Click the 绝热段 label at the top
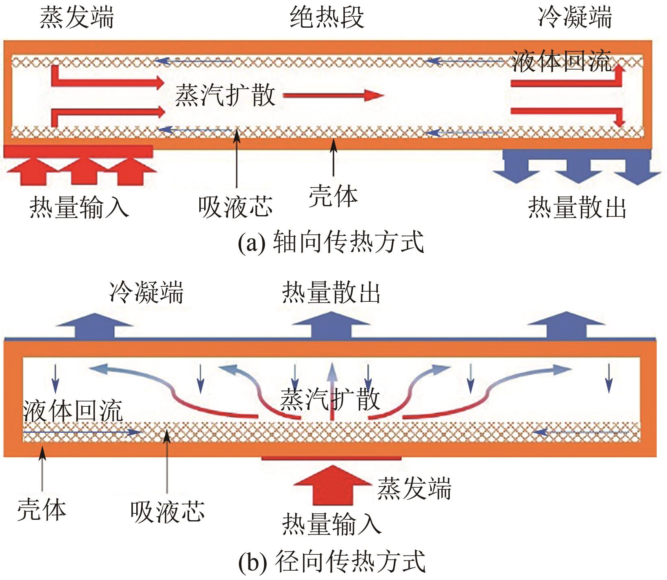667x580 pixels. [x=327, y=18]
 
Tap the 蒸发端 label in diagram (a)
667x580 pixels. [x=76, y=18]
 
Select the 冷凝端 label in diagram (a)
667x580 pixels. [x=575, y=18]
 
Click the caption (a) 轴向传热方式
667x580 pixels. [x=331, y=242]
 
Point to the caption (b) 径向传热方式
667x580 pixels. [x=331, y=561]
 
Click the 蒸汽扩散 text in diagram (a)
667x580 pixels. [x=225, y=96]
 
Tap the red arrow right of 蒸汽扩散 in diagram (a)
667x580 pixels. [x=333, y=96]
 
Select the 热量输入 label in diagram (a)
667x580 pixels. [x=79, y=207]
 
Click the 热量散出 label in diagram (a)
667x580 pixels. [x=577, y=207]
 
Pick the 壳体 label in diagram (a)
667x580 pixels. [x=333, y=196]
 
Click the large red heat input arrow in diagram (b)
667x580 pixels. [x=332, y=484]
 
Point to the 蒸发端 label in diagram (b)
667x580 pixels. [x=414, y=488]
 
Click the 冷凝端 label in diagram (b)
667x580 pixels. [x=146, y=292]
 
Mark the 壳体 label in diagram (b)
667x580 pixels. [x=41, y=510]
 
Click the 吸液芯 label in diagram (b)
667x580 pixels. [x=167, y=511]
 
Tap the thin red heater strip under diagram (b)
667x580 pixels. [x=331, y=458]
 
